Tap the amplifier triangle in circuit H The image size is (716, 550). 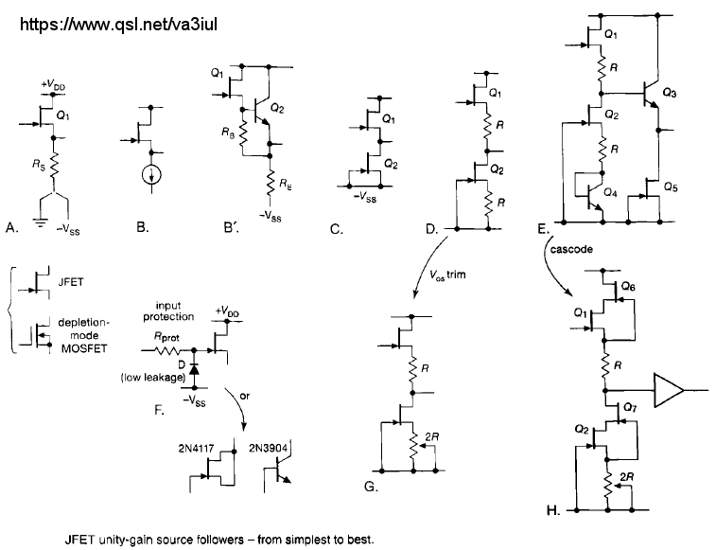[x=668, y=389]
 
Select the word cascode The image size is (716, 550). [x=568, y=250]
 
